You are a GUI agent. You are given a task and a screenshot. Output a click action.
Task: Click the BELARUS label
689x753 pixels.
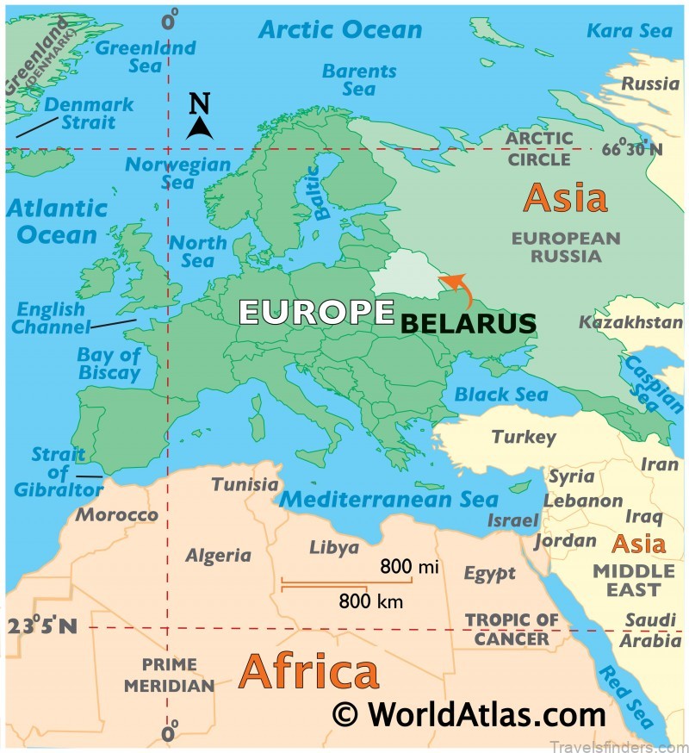point(469,323)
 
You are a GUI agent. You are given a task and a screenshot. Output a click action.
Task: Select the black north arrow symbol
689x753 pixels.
point(200,128)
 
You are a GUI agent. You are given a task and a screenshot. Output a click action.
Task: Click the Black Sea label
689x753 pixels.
point(501,395)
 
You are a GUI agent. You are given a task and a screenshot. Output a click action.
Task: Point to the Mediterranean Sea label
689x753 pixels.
point(389,500)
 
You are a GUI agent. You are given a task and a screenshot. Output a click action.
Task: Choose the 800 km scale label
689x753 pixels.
point(371,601)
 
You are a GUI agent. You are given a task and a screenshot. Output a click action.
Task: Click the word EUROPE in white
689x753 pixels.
point(316,312)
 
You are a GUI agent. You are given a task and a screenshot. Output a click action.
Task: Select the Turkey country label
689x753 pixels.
point(524,437)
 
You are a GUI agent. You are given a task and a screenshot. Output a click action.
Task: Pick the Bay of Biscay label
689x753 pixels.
point(109,363)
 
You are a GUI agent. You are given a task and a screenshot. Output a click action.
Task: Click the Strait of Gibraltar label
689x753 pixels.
point(59,472)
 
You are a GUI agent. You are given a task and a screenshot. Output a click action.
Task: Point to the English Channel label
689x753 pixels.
point(52,318)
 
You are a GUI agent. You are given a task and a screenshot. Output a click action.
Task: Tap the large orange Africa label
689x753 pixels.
point(308,671)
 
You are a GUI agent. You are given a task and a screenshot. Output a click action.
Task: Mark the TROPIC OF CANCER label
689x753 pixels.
point(512,629)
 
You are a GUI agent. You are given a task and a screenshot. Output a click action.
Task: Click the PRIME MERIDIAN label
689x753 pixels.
point(169,675)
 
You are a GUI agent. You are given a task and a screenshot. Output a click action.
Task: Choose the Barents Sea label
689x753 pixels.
point(359,79)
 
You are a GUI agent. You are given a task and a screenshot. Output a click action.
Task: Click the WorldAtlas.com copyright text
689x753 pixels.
point(469,714)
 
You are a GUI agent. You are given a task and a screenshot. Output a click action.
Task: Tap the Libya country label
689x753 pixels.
point(333,548)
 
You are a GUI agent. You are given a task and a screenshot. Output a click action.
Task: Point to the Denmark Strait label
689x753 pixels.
point(89,113)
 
